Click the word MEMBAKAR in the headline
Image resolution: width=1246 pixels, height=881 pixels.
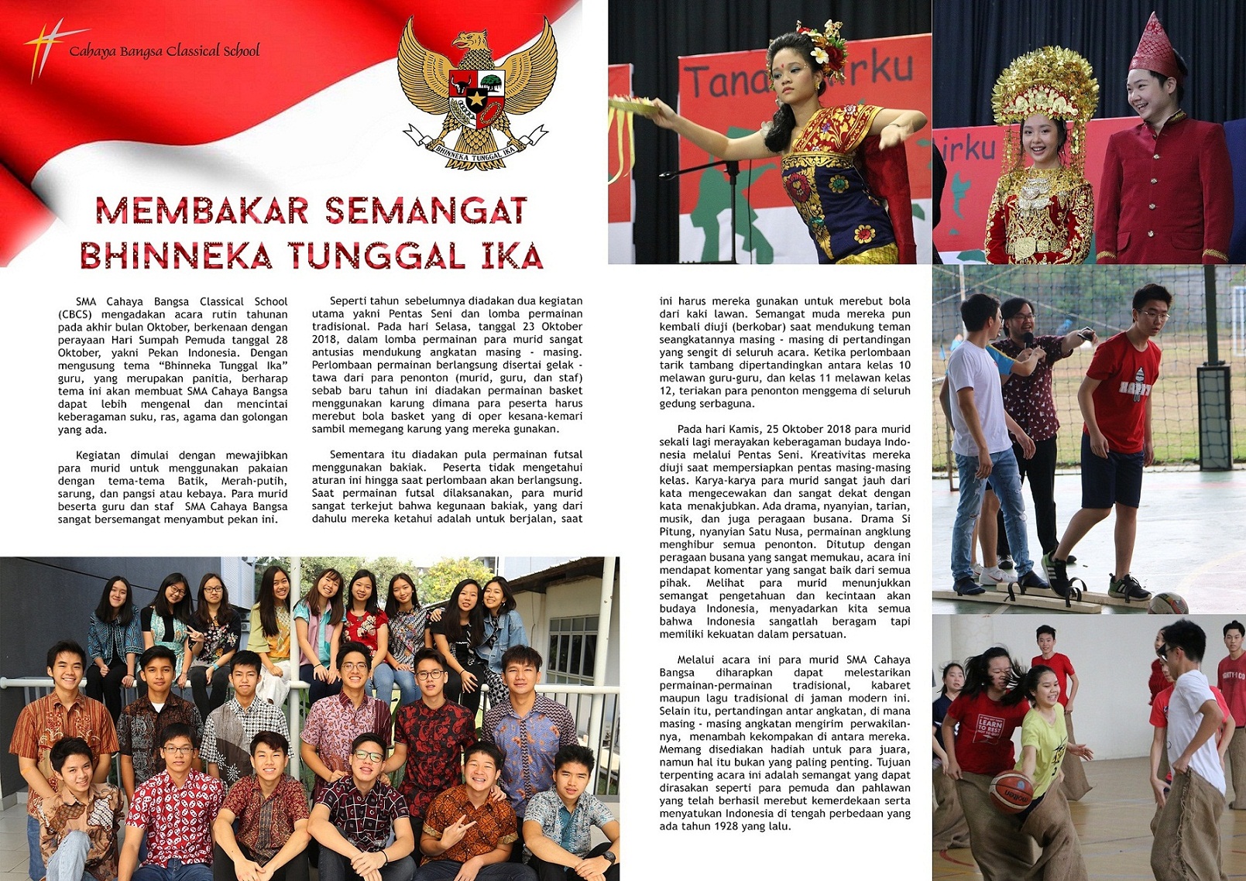(x=202, y=211)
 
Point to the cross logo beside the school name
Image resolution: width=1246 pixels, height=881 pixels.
(x=45, y=48)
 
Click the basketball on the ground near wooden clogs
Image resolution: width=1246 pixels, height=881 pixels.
(x=1167, y=604)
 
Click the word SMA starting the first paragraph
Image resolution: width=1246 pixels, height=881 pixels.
(x=86, y=301)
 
